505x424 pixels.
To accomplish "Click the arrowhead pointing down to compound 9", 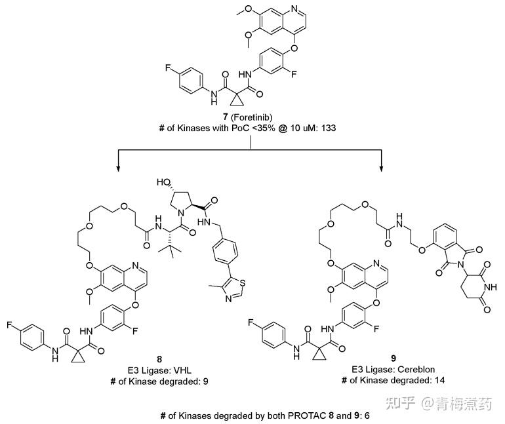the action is (382, 169).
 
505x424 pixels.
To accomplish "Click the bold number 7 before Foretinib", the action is (226, 117).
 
